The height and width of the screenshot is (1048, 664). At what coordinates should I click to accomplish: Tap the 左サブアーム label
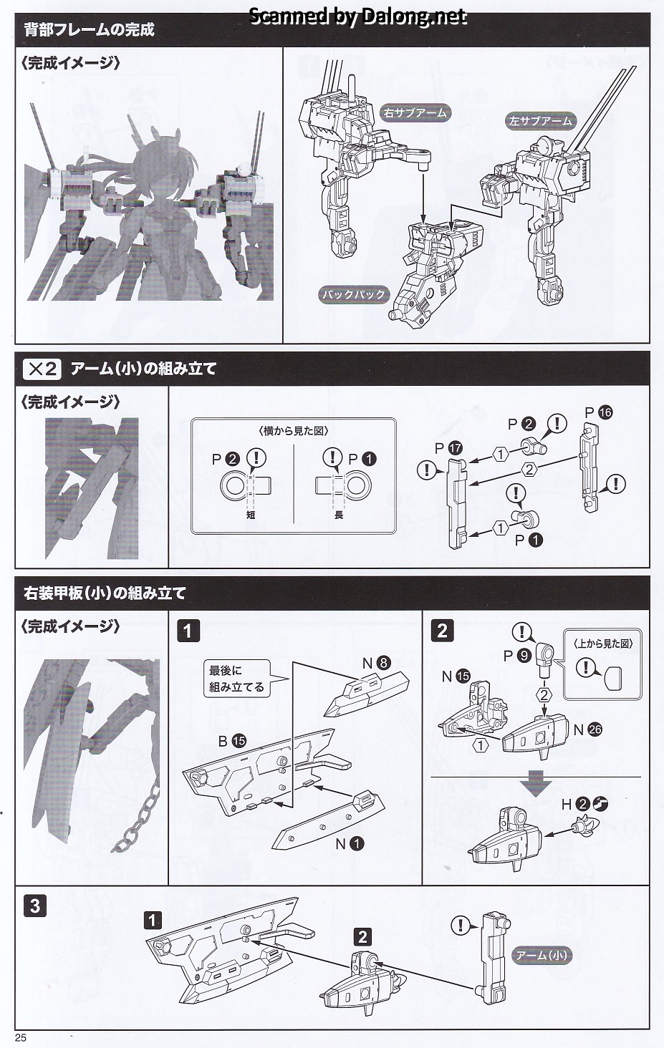(x=541, y=120)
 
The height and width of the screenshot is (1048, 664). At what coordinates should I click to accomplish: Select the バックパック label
(x=353, y=294)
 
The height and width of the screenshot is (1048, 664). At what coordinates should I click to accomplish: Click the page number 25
(x=20, y=1038)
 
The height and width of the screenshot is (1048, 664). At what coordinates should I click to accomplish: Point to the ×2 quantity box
(x=42, y=369)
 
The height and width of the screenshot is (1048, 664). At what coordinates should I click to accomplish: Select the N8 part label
(x=376, y=663)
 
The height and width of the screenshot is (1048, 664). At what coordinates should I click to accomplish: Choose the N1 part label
(x=350, y=844)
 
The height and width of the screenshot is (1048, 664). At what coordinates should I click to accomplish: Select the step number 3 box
(x=34, y=907)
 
